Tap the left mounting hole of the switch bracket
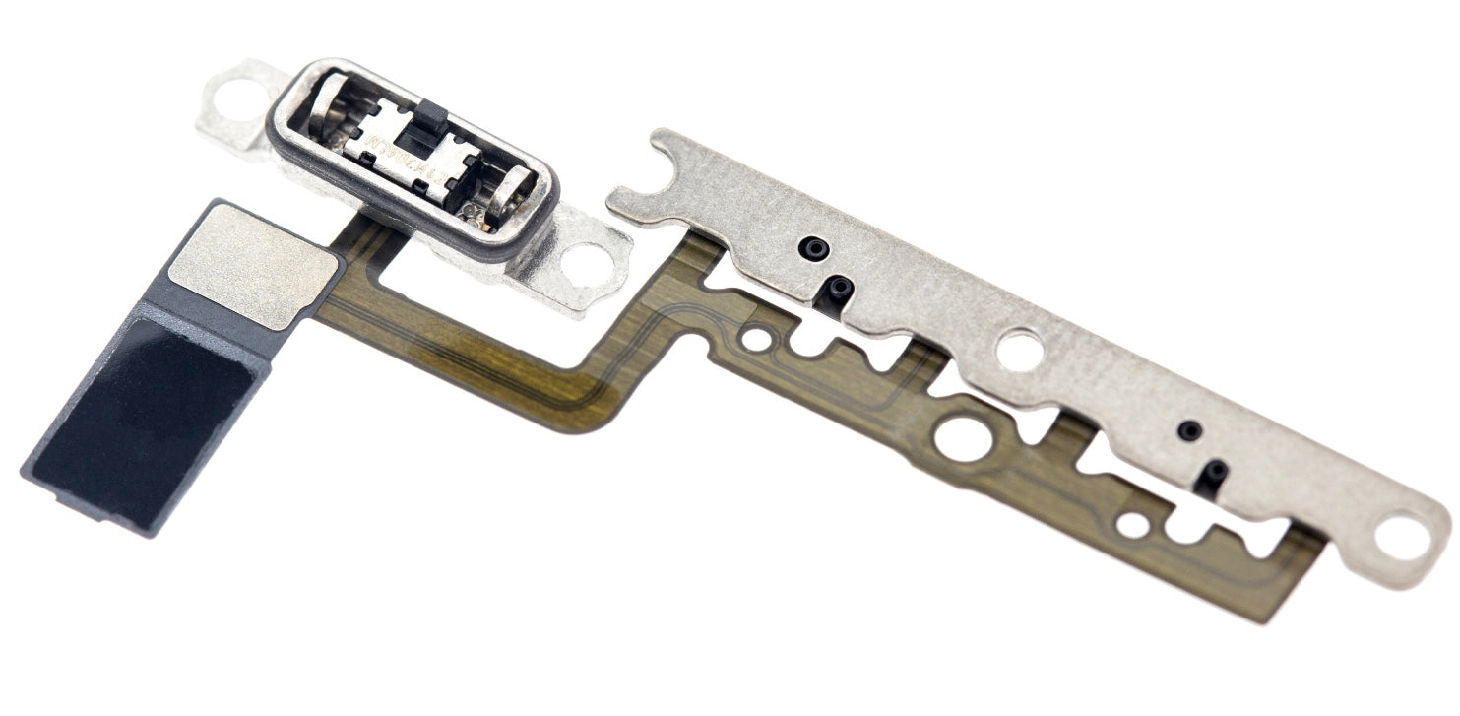click(232, 95)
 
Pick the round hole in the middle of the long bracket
click(1019, 350)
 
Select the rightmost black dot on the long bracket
click(1215, 471)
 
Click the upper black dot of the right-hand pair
click(1190, 430)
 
